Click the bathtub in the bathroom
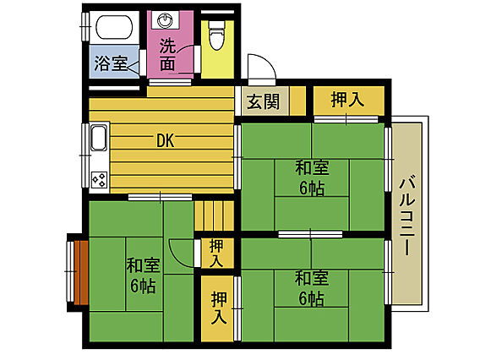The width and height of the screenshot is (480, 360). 115,27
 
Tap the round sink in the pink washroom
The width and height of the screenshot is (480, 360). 166,20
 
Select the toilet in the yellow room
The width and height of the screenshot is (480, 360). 217,35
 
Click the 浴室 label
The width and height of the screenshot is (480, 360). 111,63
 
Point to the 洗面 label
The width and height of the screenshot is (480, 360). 168,54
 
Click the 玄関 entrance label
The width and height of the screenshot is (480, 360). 264,101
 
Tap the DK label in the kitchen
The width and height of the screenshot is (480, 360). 166,141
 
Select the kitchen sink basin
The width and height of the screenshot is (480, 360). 99,138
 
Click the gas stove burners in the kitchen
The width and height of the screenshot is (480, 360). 100,179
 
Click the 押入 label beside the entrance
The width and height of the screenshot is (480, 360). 347,99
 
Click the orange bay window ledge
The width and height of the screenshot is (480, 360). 81,273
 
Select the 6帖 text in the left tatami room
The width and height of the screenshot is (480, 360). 143,286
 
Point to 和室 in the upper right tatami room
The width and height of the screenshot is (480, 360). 312,168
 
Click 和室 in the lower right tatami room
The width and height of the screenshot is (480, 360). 312,278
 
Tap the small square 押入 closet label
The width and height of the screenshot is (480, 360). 216,254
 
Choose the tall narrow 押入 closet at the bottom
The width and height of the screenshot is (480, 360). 217,308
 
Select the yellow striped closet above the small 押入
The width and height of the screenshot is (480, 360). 215,215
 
